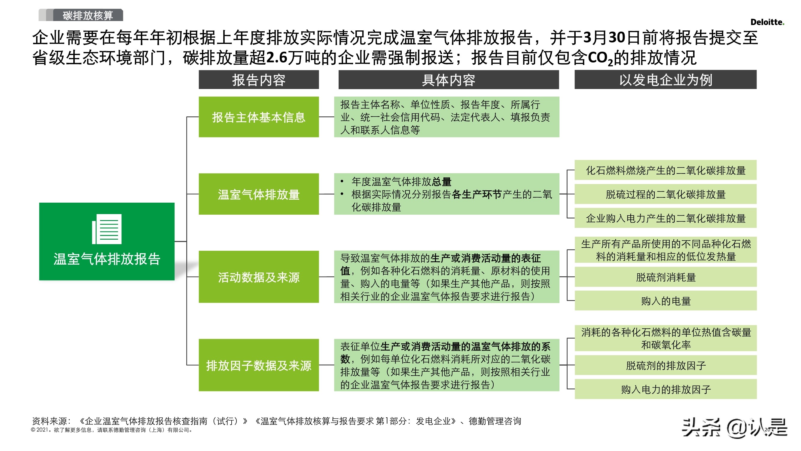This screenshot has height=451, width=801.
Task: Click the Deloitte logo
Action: [767, 22]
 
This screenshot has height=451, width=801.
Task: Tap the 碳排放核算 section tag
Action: [88, 15]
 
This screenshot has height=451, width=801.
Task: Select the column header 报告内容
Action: [259, 80]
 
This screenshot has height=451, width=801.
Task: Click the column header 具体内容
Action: [448, 80]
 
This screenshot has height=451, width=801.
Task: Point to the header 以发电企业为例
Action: [665, 80]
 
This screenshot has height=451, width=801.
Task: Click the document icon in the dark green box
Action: [107, 229]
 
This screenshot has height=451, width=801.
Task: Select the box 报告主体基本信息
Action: [259, 117]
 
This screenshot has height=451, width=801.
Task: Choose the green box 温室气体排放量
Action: [259, 194]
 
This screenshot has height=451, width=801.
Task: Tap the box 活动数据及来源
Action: [259, 277]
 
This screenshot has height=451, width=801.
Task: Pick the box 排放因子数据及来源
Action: [259, 365]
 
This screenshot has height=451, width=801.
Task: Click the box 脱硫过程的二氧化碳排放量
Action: [665, 194]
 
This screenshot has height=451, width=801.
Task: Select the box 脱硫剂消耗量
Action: [665, 277]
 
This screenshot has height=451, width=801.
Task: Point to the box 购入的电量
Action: [665, 301]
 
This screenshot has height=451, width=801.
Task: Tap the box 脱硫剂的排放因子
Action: [665, 365]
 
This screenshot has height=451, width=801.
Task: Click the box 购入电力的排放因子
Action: [665, 389]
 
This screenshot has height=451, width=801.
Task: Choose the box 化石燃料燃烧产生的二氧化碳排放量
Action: [665, 170]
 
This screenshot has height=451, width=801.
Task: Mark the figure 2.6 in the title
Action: [277, 58]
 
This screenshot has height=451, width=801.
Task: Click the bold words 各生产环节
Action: [477, 194]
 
